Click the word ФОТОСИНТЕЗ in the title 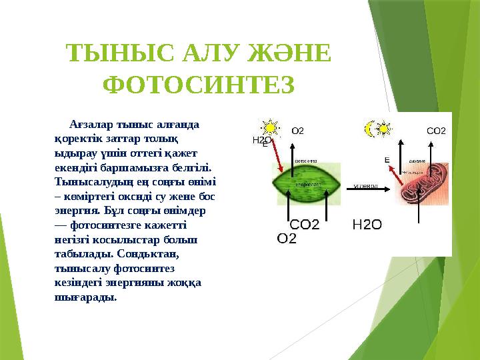(x=199, y=85)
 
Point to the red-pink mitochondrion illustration (x=419, y=180)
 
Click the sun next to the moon (x=384, y=129)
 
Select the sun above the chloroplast (x=270, y=127)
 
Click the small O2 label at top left (x=298, y=131)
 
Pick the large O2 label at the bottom (x=286, y=238)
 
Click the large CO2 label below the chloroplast (x=304, y=225)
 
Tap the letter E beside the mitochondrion (x=387, y=159)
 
